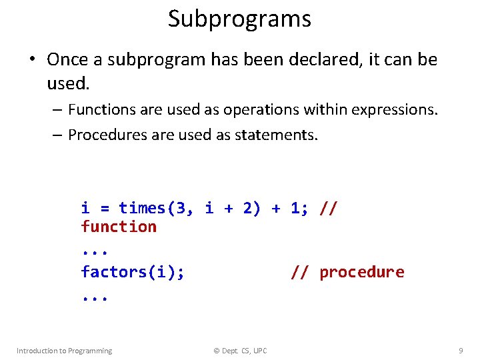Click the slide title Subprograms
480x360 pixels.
click(239, 19)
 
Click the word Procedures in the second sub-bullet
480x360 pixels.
click(103, 135)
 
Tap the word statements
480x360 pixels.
click(276, 135)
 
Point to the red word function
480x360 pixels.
click(119, 227)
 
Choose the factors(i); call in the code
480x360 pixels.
click(133, 273)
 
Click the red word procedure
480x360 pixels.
click(361, 273)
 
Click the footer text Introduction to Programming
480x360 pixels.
click(64, 351)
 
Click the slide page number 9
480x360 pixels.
click(461, 351)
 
